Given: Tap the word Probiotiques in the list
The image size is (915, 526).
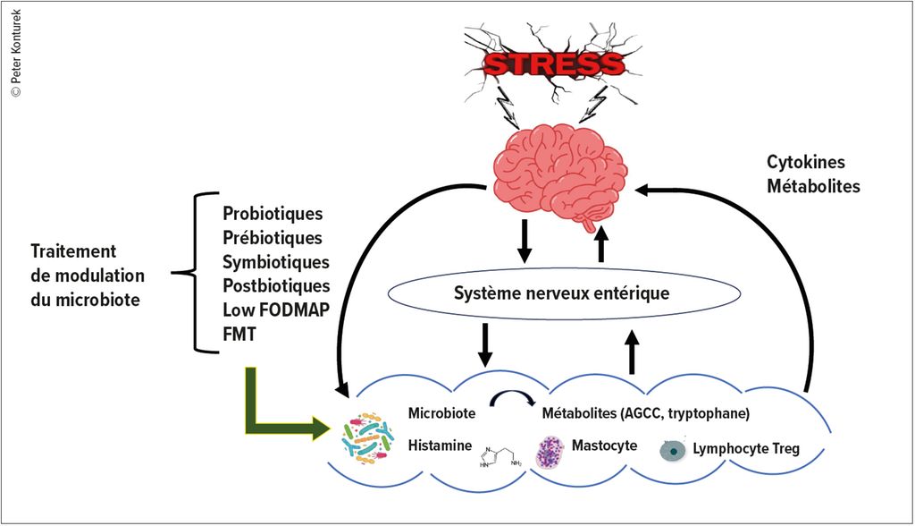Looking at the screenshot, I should pyautogui.click(x=272, y=216).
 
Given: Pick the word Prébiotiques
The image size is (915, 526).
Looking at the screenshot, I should pyautogui.click(x=272, y=239).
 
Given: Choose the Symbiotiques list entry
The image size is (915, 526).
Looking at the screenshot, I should pyautogui.click(x=275, y=262).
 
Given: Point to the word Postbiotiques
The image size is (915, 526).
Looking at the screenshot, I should pyautogui.click(x=275, y=286).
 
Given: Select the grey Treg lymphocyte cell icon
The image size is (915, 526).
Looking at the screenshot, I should pyautogui.click(x=671, y=450).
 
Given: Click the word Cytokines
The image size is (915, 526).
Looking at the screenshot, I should pyautogui.click(x=805, y=163).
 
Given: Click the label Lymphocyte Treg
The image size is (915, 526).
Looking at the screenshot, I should pyautogui.click(x=746, y=449).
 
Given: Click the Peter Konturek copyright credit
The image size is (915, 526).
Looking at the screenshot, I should pyautogui.click(x=15, y=50).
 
